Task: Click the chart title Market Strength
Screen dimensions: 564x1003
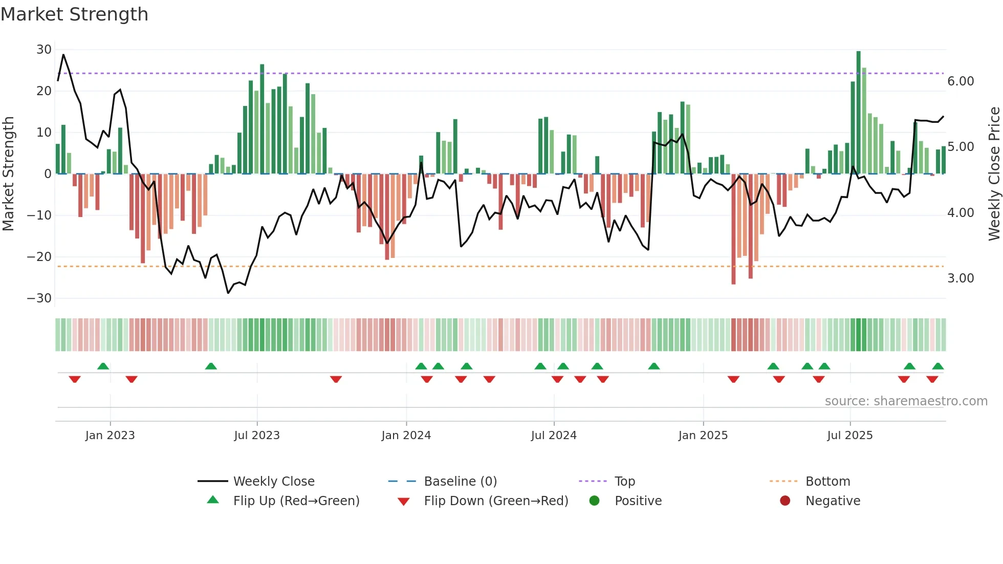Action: point(74,14)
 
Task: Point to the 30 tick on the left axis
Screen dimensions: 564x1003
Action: point(44,50)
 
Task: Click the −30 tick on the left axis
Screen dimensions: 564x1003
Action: point(40,298)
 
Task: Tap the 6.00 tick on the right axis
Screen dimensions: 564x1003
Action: point(961,81)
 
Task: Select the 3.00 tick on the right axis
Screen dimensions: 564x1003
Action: point(961,278)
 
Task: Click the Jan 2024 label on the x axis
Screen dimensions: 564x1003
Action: point(406,436)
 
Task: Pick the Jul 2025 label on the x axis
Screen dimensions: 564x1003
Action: point(849,436)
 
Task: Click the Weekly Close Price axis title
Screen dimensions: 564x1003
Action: point(994,174)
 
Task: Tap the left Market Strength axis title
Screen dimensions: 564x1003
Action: point(9,174)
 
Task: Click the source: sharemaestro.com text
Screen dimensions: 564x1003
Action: point(906,401)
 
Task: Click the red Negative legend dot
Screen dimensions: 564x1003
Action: point(785,501)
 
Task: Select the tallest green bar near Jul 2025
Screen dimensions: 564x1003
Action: point(858,113)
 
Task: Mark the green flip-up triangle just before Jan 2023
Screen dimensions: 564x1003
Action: point(103,366)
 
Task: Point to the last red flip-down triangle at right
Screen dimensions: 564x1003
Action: point(932,379)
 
